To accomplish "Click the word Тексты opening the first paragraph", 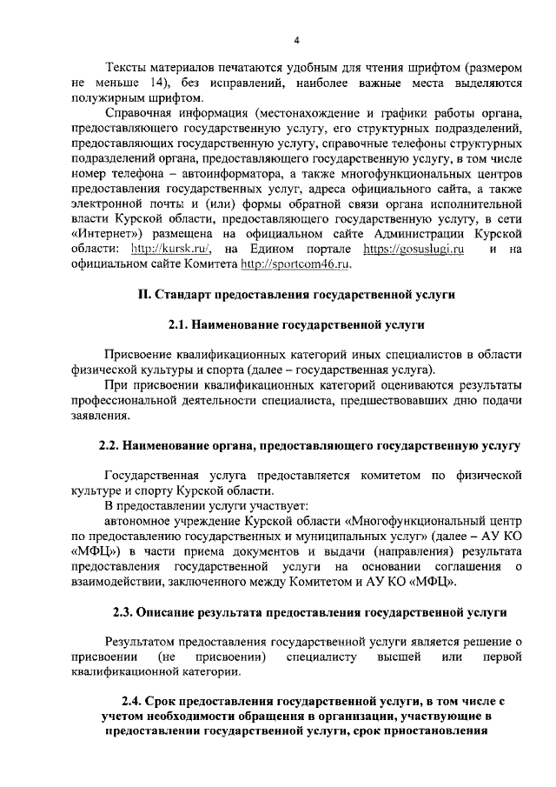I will click(124, 70).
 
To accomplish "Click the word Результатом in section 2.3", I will click(143, 642).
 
